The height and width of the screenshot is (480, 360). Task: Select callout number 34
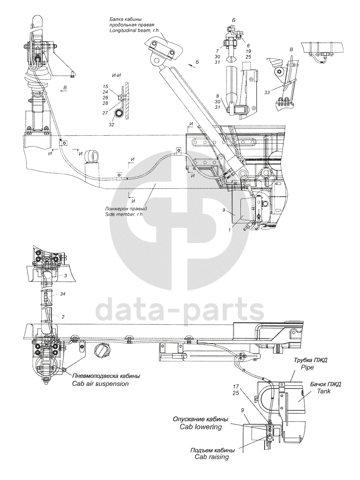pyautogui.click(x=63, y=294)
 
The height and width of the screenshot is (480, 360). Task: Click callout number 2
pyautogui.click(x=63, y=316)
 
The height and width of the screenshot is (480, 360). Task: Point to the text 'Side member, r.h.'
pyautogui.click(x=124, y=214)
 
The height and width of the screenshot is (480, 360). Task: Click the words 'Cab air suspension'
pyautogui.click(x=100, y=384)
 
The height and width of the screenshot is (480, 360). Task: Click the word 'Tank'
pyautogui.click(x=324, y=391)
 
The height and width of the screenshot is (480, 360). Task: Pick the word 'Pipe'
pyautogui.click(x=307, y=367)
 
